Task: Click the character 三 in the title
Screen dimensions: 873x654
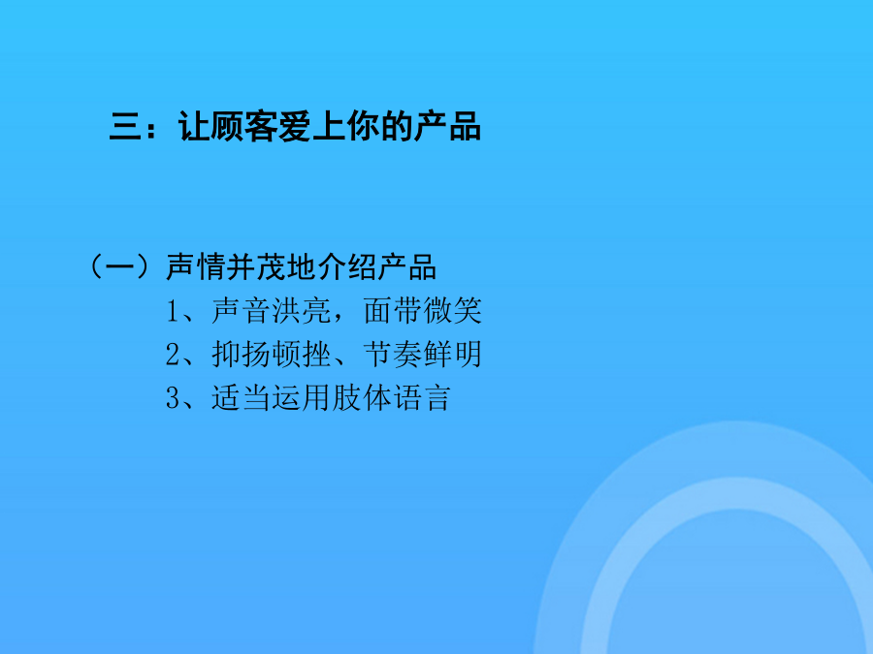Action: pyautogui.click(x=126, y=127)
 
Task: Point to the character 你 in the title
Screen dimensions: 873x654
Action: pyautogui.click(x=363, y=127)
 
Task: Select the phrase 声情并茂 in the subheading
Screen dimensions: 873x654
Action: pyautogui.click(x=226, y=267)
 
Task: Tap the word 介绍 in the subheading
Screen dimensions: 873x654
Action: pyautogui.click(x=347, y=267)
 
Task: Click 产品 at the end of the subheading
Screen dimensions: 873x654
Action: pyautogui.click(x=407, y=267)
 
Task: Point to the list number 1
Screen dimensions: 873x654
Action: pyautogui.click(x=173, y=311)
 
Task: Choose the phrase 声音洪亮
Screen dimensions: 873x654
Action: pyautogui.click(x=272, y=310)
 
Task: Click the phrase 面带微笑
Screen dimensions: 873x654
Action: pyautogui.click(x=423, y=310)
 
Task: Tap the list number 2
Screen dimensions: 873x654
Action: pyautogui.click(x=174, y=355)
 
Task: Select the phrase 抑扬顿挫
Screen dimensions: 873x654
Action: pyautogui.click(x=272, y=355)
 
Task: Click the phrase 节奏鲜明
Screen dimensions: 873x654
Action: pyautogui.click(x=423, y=355)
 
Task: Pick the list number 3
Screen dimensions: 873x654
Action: pyautogui.click(x=174, y=398)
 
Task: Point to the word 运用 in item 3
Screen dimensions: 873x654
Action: pyautogui.click(x=302, y=397)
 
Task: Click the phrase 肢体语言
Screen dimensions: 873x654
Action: pyautogui.click(x=391, y=397)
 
